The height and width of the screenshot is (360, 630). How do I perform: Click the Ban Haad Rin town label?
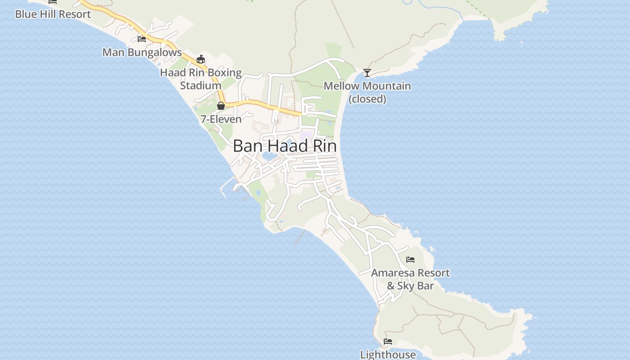pyautogui.click(x=285, y=146)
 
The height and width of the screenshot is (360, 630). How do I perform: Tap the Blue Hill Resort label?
pyautogui.click(x=53, y=14)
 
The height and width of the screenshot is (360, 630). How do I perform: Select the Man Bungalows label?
pyautogui.click(x=142, y=52)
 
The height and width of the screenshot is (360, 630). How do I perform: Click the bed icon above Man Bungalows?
pyautogui.click(x=142, y=39)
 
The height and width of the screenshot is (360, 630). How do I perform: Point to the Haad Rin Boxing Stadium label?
pyautogui.click(x=201, y=78)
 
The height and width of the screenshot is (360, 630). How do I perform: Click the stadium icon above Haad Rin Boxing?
pyautogui.click(x=201, y=59)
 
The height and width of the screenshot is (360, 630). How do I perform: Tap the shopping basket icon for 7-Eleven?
pyautogui.click(x=221, y=106)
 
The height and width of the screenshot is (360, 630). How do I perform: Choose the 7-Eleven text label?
pyautogui.click(x=221, y=119)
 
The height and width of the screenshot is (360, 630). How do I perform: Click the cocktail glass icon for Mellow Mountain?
pyautogui.click(x=367, y=72)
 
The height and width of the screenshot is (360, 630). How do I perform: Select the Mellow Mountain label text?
pyautogui.click(x=367, y=85)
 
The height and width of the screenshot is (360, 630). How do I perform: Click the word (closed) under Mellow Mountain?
pyautogui.click(x=367, y=99)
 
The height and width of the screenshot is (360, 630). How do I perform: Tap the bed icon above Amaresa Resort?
pyautogui.click(x=410, y=260)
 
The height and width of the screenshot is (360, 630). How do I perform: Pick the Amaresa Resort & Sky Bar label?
pyautogui.click(x=410, y=279)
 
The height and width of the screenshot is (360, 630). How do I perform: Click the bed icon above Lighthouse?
pyautogui.click(x=388, y=342)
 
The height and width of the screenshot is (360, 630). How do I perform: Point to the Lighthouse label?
pyautogui.click(x=388, y=355)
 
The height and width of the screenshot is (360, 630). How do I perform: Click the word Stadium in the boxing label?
pyautogui.click(x=201, y=85)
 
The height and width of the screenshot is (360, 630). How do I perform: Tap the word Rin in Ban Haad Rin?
pyautogui.click(x=323, y=146)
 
